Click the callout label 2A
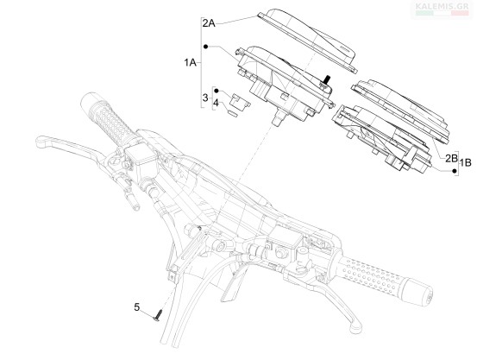click(209, 23)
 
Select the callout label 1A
click(190, 63)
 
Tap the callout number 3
click(205, 98)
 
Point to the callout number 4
click(216, 103)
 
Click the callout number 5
click(137, 307)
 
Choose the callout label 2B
click(451, 158)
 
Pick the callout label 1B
click(466, 162)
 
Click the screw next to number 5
click(158, 315)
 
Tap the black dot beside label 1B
click(455, 171)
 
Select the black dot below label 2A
click(205, 47)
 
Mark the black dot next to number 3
click(217, 91)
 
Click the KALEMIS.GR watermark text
click(442, 6)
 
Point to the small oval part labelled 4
click(233, 113)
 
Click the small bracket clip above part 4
click(240, 100)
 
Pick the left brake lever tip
click(41, 140)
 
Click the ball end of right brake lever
click(356, 328)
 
